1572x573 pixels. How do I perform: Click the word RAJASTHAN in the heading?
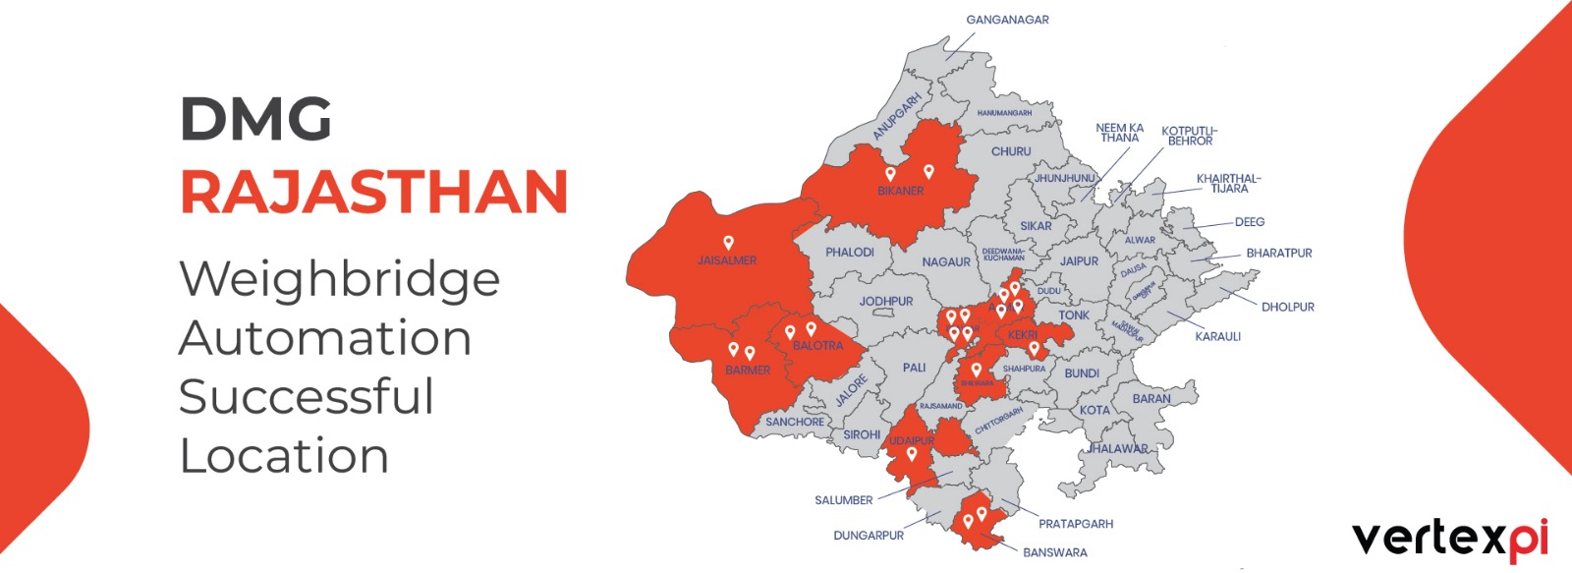[x=373, y=192]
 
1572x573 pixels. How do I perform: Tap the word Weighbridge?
[x=339, y=280]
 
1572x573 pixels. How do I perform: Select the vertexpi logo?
[x=1449, y=539]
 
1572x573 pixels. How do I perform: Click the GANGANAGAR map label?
[x=1007, y=20]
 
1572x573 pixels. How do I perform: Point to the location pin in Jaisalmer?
[x=728, y=242]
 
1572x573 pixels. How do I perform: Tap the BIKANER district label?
[x=900, y=191]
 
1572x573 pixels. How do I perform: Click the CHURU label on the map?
[x=1011, y=151]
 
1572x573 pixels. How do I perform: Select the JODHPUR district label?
[x=886, y=302]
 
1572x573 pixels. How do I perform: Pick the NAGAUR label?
[x=945, y=262]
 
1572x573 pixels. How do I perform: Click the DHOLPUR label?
[x=1287, y=307]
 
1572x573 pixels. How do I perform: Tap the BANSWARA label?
[x=1054, y=552]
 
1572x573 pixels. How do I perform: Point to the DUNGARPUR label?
[x=869, y=536]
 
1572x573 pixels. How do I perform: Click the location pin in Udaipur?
[x=912, y=453]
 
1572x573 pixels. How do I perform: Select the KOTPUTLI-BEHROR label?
[x=1189, y=136]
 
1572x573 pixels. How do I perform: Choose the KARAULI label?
[x=1217, y=336]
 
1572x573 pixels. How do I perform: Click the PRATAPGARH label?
[x=1076, y=524]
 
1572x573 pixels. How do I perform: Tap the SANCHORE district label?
[x=795, y=422]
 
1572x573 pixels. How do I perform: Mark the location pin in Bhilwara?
[x=976, y=370]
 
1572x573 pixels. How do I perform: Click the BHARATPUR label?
[x=1278, y=253]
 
